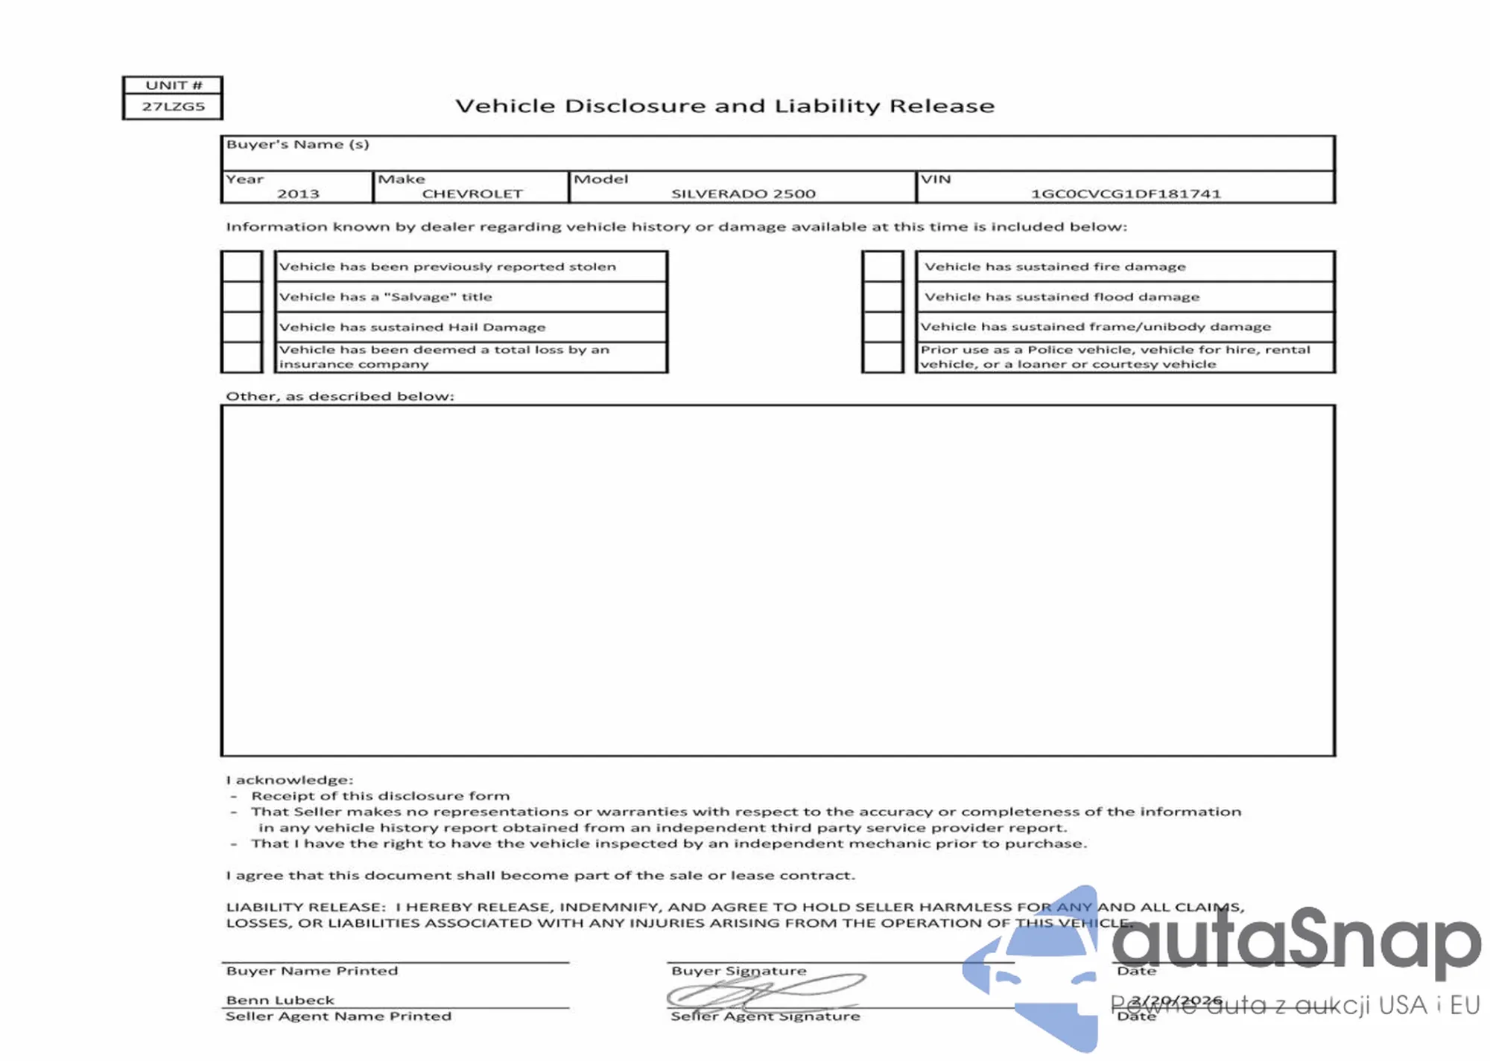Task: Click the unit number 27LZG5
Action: coord(173,106)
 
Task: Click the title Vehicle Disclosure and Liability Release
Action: coord(725,106)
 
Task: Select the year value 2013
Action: coord(298,194)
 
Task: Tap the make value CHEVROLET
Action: coord(472,194)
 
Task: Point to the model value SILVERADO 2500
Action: coord(743,194)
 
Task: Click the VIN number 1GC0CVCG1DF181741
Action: coord(1125,194)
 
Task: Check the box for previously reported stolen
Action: coord(242,267)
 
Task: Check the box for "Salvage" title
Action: coord(242,296)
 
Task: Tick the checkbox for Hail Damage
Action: coord(242,327)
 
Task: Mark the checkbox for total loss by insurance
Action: coord(242,357)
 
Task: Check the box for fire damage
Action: coord(883,267)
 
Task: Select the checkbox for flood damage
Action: coord(883,296)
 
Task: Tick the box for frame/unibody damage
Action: coord(883,327)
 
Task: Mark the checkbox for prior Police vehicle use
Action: coord(883,357)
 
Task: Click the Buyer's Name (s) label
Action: coord(297,144)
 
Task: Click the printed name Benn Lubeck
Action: coord(280,1000)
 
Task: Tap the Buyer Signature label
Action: coord(738,971)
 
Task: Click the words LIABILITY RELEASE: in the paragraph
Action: coord(305,907)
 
